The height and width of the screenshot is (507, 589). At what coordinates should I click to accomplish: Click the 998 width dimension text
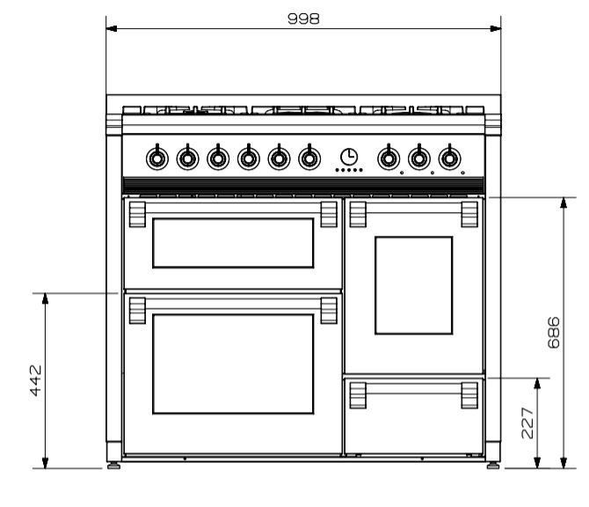pos(303,18)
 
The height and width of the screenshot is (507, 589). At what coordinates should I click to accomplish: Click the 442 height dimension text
pos(36,380)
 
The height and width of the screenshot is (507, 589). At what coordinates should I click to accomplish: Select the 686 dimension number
pos(554,333)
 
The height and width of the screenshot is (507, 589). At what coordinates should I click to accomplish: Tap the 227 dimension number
pos(527,422)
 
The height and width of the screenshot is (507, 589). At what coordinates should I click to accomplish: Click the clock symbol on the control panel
pos(349,157)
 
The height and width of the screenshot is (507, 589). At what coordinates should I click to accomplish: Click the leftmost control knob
pos(157,158)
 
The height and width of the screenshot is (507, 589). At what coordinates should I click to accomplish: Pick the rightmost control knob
pos(449,158)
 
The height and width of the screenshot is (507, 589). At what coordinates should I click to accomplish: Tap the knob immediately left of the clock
pos(309,158)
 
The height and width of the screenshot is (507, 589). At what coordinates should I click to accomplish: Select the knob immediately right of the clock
pos(389,158)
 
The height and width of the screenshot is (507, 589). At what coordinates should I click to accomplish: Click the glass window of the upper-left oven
pos(233,243)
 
